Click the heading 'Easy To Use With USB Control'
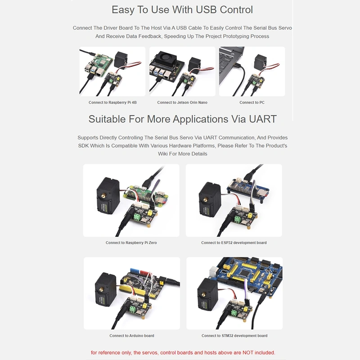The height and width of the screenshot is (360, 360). click(x=182, y=9)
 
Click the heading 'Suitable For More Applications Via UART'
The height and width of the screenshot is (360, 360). click(x=182, y=119)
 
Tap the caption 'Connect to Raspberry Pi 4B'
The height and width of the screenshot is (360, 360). click(x=112, y=103)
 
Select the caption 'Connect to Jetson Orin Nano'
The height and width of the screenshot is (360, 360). click(x=182, y=103)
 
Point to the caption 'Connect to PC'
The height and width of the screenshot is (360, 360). click(x=252, y=103)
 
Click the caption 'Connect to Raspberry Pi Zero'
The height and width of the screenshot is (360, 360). click(x=131, y=243)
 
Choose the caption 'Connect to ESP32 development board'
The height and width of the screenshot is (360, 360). click(x=234, y=243)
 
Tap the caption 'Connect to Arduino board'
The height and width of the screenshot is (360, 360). click(x=132, y=336)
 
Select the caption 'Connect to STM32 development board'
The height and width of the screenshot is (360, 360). click(x=234, y=336)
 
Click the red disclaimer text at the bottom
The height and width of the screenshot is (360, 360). click(x=183, y=352)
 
